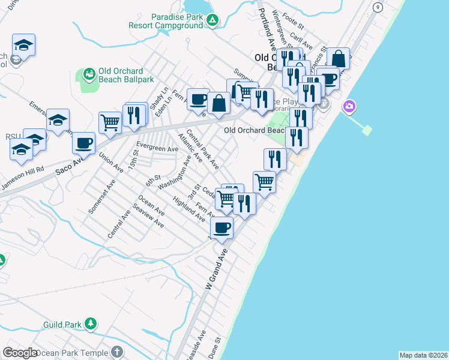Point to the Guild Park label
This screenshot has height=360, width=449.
click(62, 325)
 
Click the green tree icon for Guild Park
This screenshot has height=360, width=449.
click(90, 324)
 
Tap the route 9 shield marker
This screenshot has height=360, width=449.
click(377, 7)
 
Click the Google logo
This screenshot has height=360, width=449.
click(20, 353)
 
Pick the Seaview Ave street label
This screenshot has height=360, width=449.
click(149, 218)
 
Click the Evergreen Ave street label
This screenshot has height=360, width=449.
click(157, 148)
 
